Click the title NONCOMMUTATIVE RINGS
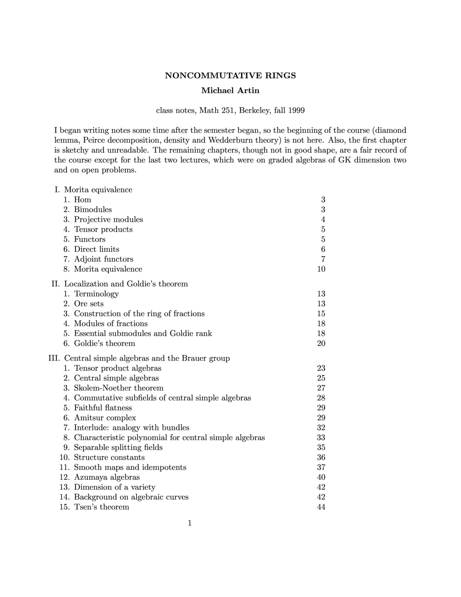coord(230,75)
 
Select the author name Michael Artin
coord(230,91)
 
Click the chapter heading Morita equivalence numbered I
coord(98,190)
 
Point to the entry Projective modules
coord(108,220)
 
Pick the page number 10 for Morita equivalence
coord(321,269)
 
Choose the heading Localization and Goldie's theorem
coord(126,284)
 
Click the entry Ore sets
coord(89,304)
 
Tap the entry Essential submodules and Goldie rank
coord(143,333)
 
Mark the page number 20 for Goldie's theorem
coord(321,343)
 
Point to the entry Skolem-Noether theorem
coord(119,388)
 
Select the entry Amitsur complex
coord(105,418)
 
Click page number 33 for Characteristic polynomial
coord(321,437)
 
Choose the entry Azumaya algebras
coord(107,477)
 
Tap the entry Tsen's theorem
coord(101,507)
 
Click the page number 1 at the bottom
coord(190,523)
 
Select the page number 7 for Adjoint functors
coord(323,259)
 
